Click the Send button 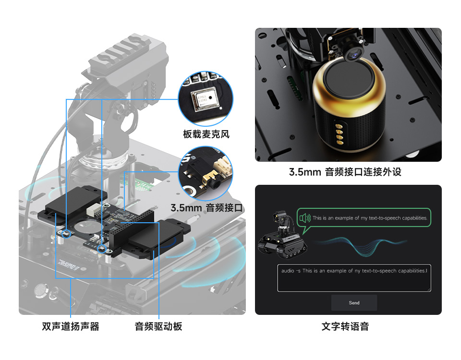pos(354,303)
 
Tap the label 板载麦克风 pos(206,134)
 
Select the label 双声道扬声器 pos(71,327)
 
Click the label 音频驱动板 pos(158,327)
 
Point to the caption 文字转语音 pos(345,327)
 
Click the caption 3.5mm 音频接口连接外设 pos(345,172)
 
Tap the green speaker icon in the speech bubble pos(305,218)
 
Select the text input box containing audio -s pos(354,278)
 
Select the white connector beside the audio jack pos(222,168)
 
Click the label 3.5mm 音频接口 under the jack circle pos(207,208)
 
